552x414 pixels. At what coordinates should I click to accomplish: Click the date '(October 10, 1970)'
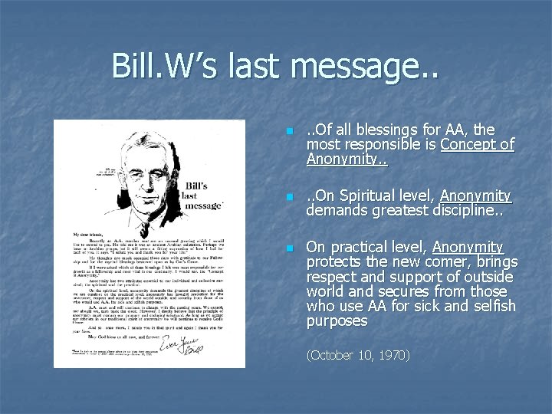pyautogui.click(x=357, y=355)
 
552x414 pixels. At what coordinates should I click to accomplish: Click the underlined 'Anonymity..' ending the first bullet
pyautogui.click(x=347, y=159)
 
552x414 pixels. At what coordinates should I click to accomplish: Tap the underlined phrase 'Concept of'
pyautogui.click(x=477, y=145)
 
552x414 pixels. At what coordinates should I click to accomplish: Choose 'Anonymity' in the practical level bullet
pyautogui.click(x=468, y=247)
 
